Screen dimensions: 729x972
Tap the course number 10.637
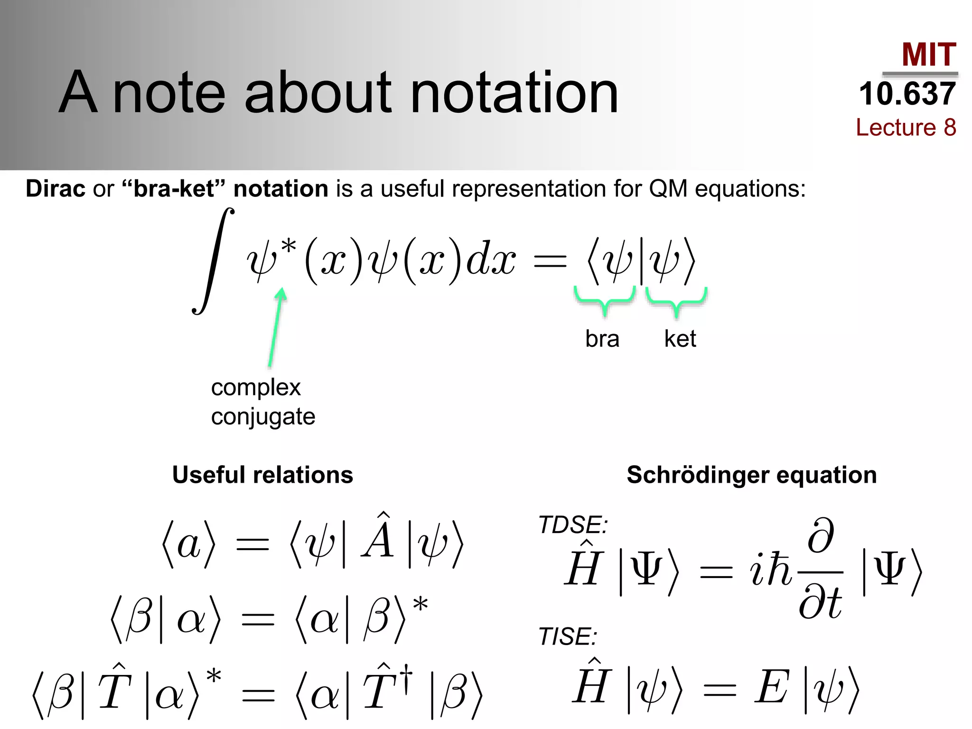click(907, 93)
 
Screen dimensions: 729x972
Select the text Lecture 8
click(906, 127)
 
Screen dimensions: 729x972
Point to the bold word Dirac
click(56, 188)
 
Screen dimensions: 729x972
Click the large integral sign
click(213, 261)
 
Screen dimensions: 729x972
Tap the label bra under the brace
click(602, 339)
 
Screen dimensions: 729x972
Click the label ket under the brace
click(680, 339)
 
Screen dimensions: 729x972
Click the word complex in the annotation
click(255, 387)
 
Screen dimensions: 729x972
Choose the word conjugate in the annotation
click(263, 417)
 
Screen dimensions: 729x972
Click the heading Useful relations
click(262, 475)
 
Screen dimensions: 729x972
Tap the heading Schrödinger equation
click(751, 475)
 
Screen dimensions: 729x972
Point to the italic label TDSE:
click(573, 525)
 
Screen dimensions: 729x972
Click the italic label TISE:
click(568, 636)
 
